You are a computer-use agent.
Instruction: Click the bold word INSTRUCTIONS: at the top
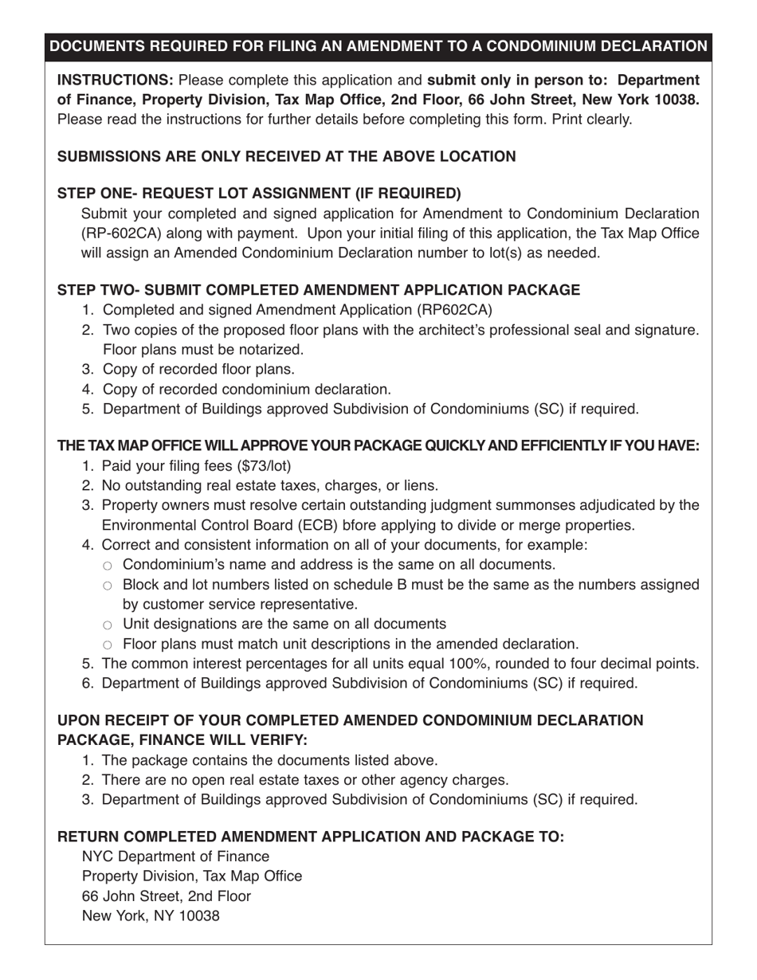click(115, 80)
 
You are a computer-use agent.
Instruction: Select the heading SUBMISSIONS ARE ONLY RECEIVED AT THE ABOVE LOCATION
click(286, 156)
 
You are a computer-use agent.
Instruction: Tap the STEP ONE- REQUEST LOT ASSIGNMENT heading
click(259, 194)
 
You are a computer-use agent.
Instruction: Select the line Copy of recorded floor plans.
click(198, 370)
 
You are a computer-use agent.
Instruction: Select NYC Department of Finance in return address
click(175, 857)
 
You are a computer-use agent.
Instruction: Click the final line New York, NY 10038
click(151, 916)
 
